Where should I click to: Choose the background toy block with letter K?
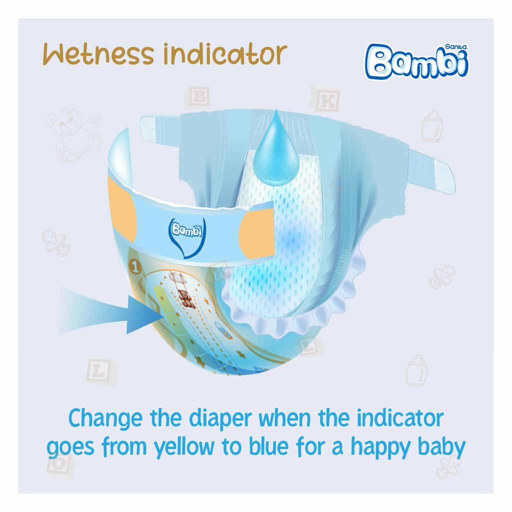coord(327,100)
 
